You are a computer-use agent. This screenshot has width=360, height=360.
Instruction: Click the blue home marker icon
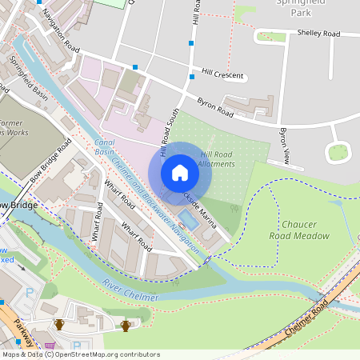click(x=180, y=173)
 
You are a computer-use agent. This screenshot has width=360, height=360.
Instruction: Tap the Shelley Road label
click(x=318, y=34)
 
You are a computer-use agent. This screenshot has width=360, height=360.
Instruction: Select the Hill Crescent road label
click(x=223, y=74)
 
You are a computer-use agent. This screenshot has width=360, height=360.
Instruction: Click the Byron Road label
click(x=215, y=107)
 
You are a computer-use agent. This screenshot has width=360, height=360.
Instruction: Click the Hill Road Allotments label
click(x=218, y=158)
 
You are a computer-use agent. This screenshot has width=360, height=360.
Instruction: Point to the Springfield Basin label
click(x=29, y=78)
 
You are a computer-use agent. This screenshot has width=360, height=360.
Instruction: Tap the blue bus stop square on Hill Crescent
click(x=192, y=77)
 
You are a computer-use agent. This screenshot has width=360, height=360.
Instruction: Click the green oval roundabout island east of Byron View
click(x=338, y=151)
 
